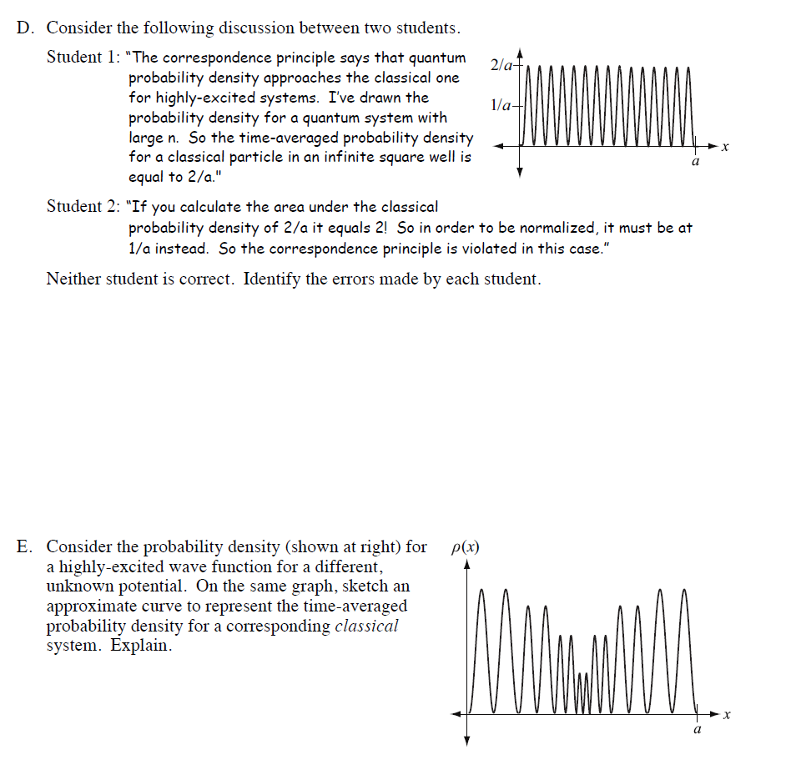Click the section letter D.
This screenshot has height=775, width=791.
(25, 28)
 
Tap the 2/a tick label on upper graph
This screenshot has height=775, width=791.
(503, 64)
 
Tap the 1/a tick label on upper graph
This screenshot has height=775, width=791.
(503, 105)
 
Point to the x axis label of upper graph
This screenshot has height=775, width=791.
(725, 147)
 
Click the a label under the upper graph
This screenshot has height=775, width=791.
(695, 164)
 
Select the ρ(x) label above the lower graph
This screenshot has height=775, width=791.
(465, 547)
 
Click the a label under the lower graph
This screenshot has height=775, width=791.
(698, 731)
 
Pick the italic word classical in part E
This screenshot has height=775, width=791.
(366, 627)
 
